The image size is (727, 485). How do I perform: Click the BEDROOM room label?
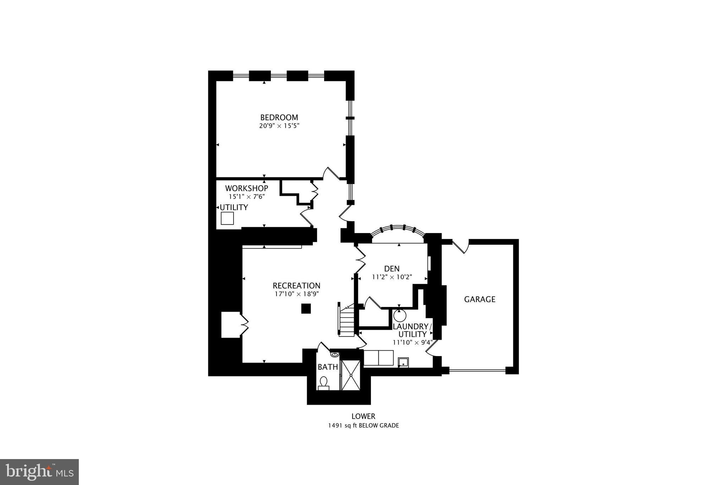click(279, 117)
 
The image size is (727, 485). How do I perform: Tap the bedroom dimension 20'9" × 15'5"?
click(279, 126)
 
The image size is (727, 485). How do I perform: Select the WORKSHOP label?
click(246, 188)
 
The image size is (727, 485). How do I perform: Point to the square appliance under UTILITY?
click(227, 218)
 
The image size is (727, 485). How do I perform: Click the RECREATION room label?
click(296, 286)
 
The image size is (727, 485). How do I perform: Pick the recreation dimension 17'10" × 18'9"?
click(297, 294)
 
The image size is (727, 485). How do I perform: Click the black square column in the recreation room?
click(306, 308)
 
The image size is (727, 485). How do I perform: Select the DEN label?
click(392, 269)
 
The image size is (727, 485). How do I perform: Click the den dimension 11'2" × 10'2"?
click(392, 277)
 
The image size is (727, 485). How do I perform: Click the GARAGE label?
click(480, 299)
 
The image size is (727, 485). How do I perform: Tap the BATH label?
click(328, 367)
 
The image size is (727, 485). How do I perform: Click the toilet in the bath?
click(323, 383)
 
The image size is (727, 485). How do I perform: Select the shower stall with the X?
click(351, 375)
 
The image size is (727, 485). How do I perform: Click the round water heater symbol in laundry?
click(399, 316)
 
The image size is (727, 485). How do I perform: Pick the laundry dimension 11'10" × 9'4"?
click(412, 343)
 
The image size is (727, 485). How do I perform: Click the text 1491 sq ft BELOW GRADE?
click(363, 425)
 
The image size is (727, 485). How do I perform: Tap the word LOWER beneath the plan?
click(363, 416)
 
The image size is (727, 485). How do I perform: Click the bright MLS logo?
click(39, 471)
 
